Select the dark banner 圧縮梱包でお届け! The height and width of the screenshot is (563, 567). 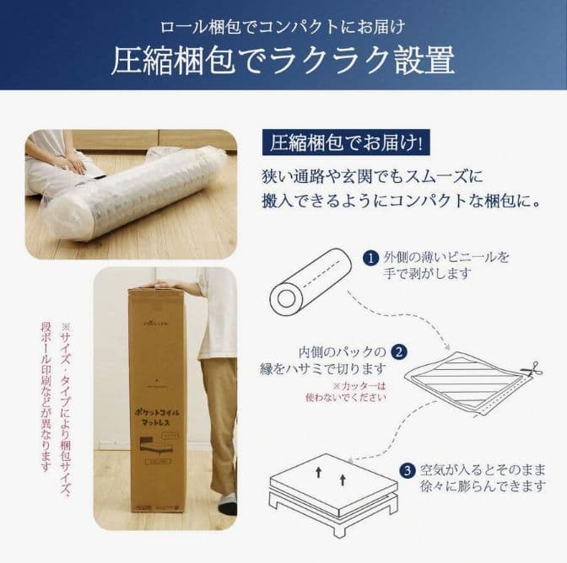(347, 142)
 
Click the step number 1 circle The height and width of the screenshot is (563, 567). (370, 257)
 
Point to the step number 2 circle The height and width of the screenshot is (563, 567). (401, 351)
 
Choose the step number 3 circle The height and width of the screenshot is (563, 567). (407, 469)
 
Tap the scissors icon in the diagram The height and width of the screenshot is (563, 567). (531, 370)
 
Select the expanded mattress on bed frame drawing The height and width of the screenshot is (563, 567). (332, 493)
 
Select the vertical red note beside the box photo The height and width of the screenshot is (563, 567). (57, 396)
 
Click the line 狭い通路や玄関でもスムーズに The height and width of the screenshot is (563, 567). (372, 177)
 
